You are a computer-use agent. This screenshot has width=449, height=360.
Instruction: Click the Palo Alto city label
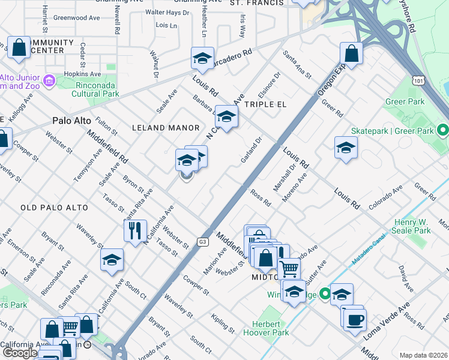(x=71, y=121)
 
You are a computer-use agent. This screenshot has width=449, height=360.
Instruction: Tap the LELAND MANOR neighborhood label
(x=165, y=128)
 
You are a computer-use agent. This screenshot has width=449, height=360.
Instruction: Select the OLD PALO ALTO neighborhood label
(x=54, y=208)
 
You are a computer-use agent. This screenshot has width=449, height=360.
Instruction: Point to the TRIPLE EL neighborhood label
(x=265, y=104)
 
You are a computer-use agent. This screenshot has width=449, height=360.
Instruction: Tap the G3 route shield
(x=203, y=241)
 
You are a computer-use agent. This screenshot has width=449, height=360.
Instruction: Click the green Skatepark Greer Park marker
(x=442, y=130)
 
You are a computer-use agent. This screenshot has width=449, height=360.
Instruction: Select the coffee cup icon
(x=355, y=318)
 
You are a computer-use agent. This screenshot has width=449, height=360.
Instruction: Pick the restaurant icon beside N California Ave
(x=135, y=229)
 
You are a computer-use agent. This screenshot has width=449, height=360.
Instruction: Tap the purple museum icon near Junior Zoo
(x=49, y=80)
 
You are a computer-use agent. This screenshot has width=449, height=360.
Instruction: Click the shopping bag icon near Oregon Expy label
(x=351, y=53)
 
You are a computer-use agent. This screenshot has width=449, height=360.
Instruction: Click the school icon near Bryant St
(x=111, y=260)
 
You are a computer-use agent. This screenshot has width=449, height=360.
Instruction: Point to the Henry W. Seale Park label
(x=411, y=226)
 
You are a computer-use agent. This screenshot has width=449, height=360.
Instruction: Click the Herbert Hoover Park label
(x=266, y=328)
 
